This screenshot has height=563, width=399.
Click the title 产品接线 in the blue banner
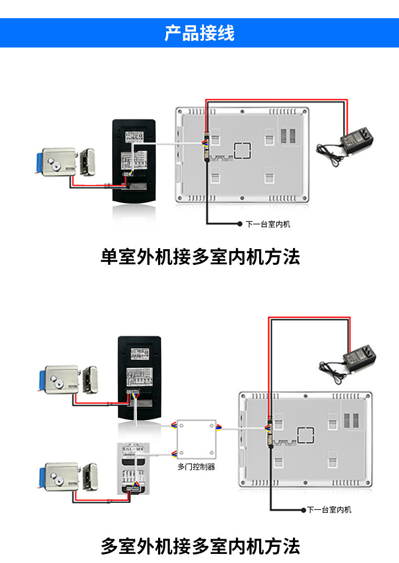[199, 33]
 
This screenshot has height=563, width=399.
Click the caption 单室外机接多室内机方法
[200, 257]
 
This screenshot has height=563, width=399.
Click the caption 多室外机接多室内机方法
[200, 546]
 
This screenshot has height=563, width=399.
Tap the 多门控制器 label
[196, 467]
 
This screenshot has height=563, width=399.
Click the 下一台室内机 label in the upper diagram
[268, 224]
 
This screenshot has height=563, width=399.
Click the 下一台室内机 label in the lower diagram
[329, 510]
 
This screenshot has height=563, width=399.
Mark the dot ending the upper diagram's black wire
[240, 223]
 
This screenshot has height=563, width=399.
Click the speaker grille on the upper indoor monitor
[287, 135]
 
